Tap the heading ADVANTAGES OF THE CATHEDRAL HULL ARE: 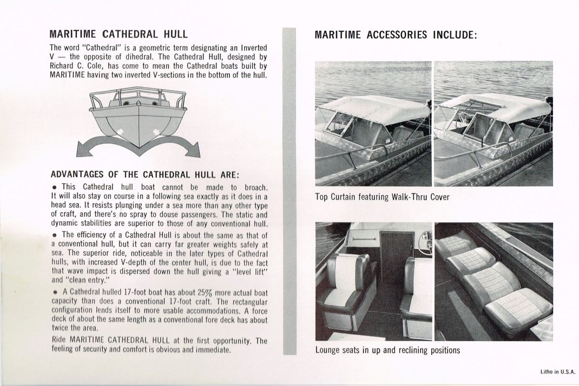point(144,175)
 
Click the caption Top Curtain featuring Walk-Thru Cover point(382,197)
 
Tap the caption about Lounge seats point(387,350)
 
